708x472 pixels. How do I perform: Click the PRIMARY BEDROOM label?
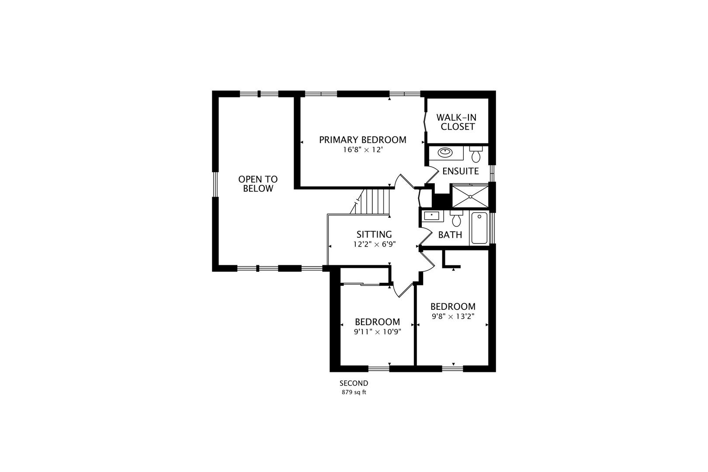coord(362,140)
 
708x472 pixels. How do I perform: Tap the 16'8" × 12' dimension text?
coord(362,150)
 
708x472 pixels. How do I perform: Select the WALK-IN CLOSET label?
coord(457,122)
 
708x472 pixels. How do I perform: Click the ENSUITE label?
coord(460,171)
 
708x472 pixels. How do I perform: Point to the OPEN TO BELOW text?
coord(258,184)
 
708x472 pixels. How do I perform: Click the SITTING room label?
coord(374,235)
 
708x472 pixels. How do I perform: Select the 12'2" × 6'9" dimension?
coord(374,244)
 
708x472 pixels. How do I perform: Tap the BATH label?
coord(450,235)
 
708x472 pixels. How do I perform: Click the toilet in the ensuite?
coord(476,154)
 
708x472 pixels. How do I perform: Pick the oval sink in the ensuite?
coord(445,153)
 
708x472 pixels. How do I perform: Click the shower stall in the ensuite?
coord(469,196)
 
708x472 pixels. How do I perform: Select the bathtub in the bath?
coord(479,228)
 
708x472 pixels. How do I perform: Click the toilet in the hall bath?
coord(456,218)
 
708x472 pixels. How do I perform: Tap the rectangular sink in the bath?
coord(431,215)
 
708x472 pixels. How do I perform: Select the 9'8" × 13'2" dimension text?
coord(453,316)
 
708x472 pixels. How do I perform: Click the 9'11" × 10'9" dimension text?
coord(377,331)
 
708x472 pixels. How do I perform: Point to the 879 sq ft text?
coord(354,392)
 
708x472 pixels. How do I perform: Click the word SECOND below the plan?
coord(354,383)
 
